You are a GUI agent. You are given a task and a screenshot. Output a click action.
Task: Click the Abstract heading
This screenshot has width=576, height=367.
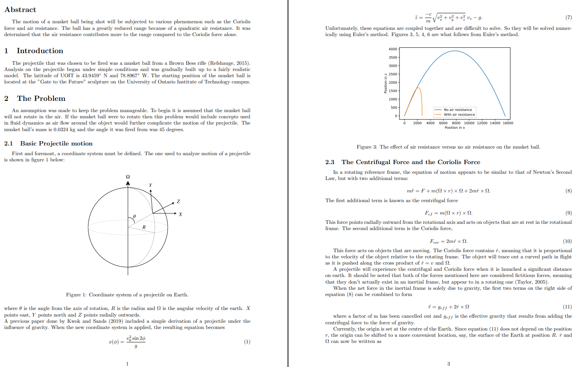click(20, 10)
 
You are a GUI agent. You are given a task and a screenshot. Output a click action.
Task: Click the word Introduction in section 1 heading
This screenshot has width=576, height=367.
click(40, 51)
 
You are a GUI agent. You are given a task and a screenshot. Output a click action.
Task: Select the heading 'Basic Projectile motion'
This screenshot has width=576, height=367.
click(56, 144)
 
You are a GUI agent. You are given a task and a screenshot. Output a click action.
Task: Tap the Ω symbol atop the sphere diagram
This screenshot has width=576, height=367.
click(128, 177)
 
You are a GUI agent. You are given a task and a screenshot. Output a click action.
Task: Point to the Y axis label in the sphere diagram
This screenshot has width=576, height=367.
click(150, 185)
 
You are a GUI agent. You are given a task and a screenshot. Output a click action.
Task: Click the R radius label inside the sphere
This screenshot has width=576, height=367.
click(144, 227)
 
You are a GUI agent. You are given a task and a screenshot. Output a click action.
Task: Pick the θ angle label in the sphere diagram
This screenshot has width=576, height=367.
click(134, 216)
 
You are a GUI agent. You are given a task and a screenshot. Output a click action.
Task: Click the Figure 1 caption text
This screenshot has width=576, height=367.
click(127, 295)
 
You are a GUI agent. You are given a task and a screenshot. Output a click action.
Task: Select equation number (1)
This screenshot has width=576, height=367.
click(247, 342)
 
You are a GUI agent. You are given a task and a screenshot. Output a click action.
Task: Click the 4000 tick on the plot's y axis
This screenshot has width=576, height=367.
click(393, 49)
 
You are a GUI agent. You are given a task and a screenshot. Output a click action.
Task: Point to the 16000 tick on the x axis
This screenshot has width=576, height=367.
click(508, 123)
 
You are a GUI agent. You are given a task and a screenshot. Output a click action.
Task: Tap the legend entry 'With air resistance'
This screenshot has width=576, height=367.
click(459, 115)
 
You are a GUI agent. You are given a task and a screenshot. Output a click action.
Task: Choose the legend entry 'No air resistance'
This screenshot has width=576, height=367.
click(458, 110)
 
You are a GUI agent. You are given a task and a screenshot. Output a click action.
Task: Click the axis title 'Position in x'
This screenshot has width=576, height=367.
click(455, 128)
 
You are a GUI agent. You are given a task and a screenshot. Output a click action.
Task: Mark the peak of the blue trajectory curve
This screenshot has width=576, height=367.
click(455, 51)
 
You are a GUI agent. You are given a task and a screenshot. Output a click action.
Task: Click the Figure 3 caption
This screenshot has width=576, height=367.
click(448, 147)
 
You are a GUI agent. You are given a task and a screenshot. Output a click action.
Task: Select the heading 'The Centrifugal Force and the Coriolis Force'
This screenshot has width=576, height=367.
click(411, 162)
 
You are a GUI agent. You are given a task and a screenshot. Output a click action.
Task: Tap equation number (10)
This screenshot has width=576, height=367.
click(567, 241)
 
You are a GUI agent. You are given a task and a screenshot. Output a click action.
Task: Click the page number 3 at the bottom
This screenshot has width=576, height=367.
click(448, 364)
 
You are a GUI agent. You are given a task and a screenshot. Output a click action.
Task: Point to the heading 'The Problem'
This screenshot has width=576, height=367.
click(41, 99)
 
